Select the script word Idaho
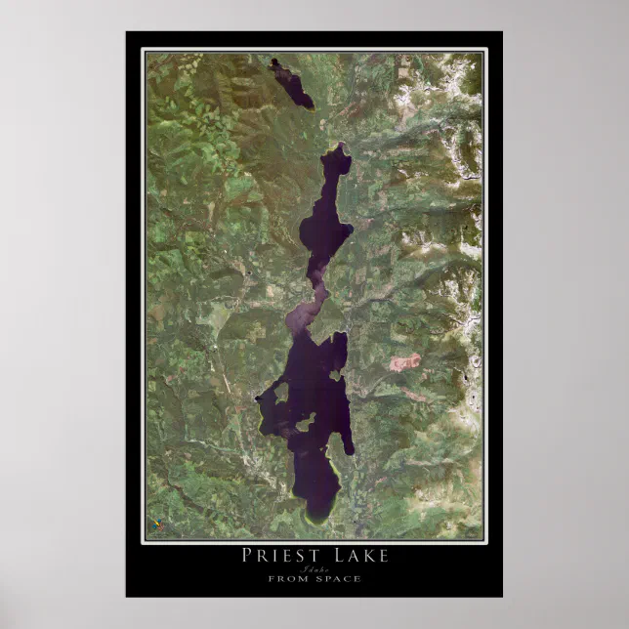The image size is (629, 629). click(314, 568)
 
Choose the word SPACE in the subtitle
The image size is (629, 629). click(338, 579)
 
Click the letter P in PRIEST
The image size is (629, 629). click(246, 556)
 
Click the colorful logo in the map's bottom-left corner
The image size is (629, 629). click(156, 524)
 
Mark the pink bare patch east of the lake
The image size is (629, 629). click(404, 362)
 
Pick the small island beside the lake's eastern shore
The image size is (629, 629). click(335, 375)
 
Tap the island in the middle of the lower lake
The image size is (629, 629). click(305, 422)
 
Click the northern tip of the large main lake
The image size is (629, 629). click(341, 147)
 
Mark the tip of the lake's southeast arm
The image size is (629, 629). click(350, 450)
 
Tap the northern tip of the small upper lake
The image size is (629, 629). click(274, 62)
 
